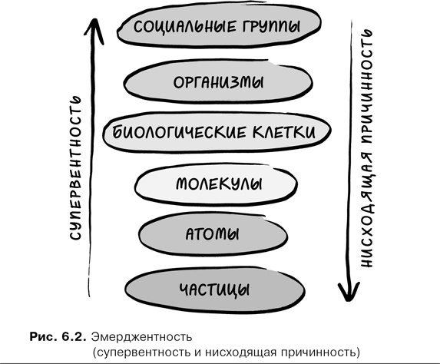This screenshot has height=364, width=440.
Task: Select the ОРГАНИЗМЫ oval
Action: [215, 82]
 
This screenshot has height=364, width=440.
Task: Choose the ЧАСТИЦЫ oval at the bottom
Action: [214, 289]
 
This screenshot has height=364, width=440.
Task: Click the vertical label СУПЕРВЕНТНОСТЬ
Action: [74, 168]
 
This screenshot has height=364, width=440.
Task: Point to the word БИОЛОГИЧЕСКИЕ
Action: [184, 132]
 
